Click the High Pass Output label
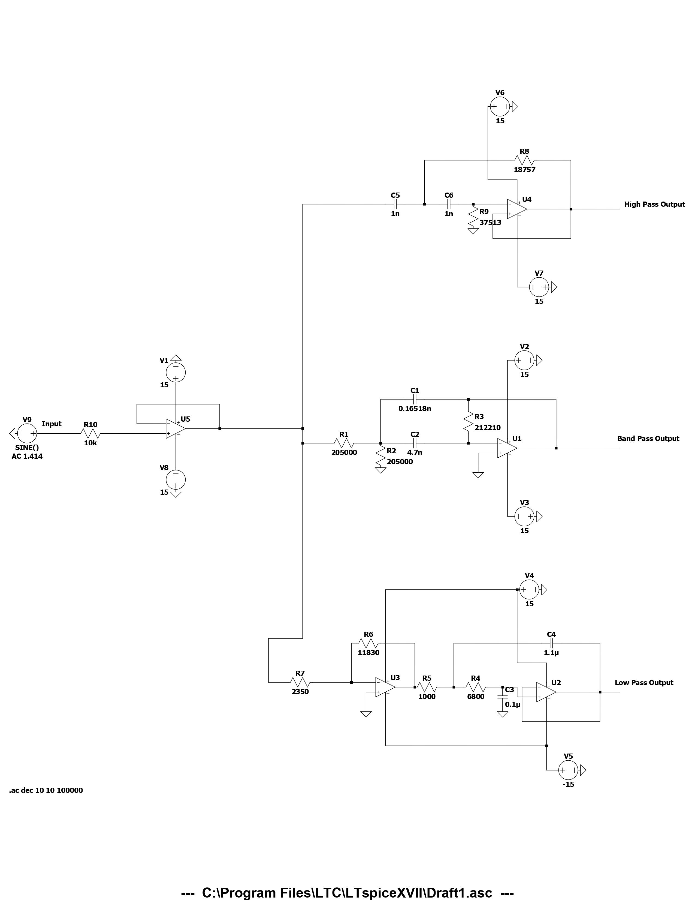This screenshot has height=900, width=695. [654, 204]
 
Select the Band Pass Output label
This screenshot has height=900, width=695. [648, 439]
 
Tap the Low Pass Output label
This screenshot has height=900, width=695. [644, 682]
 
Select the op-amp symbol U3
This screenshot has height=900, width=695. [385, 687]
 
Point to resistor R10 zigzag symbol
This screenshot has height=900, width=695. [90, 434]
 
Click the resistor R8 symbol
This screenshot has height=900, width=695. [524, 160]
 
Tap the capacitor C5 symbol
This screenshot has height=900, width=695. [395, 204]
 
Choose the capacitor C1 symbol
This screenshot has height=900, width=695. [415, 399]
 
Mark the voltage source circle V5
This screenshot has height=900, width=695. [568, 770]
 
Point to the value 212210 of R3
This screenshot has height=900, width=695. [488, 428]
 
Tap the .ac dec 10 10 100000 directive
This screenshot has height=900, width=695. [46, 790]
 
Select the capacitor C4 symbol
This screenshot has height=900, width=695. [551, 643]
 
